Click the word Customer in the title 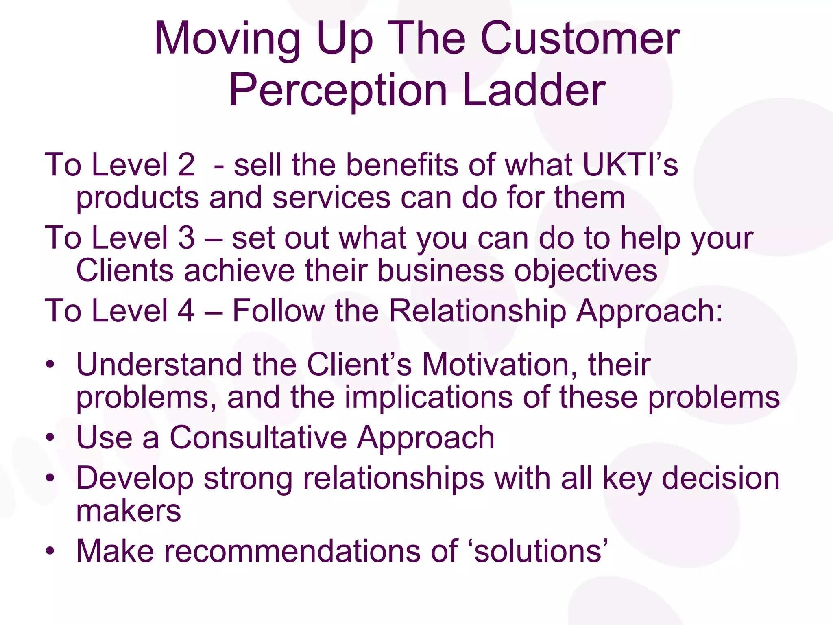[580, 39]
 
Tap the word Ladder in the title [534, 90]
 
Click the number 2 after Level [186, 165]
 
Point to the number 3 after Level [186, 238]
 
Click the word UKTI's [630, 165]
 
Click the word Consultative [258, 438]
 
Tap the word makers [129, 511]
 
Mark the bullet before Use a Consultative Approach [50, 438]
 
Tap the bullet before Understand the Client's [50, 364]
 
